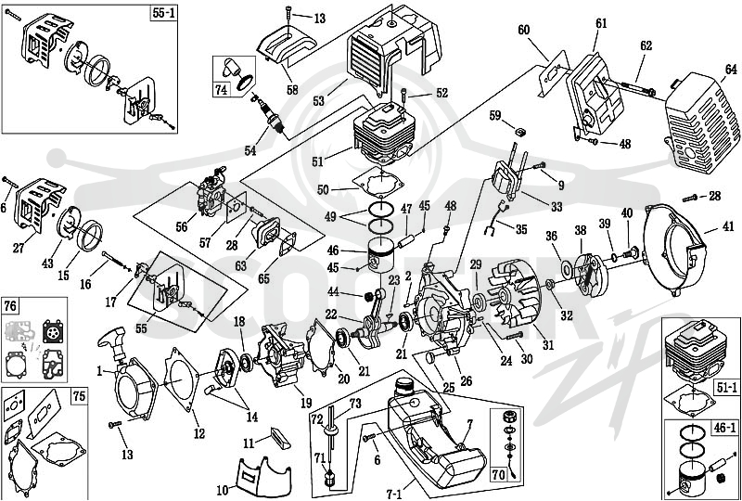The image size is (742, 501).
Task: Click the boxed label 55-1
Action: coord(163,13)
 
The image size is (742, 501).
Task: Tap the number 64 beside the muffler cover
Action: coord(731,70)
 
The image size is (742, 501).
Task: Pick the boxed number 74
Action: coord(221,89)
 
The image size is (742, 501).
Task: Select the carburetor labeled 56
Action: coord(211,193)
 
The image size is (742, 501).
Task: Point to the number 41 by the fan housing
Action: coord(728,226)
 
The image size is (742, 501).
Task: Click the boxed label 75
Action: coord(79,396)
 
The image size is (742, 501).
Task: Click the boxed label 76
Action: coord(10,306)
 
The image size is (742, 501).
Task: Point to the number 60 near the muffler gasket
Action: coord(523,31)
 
